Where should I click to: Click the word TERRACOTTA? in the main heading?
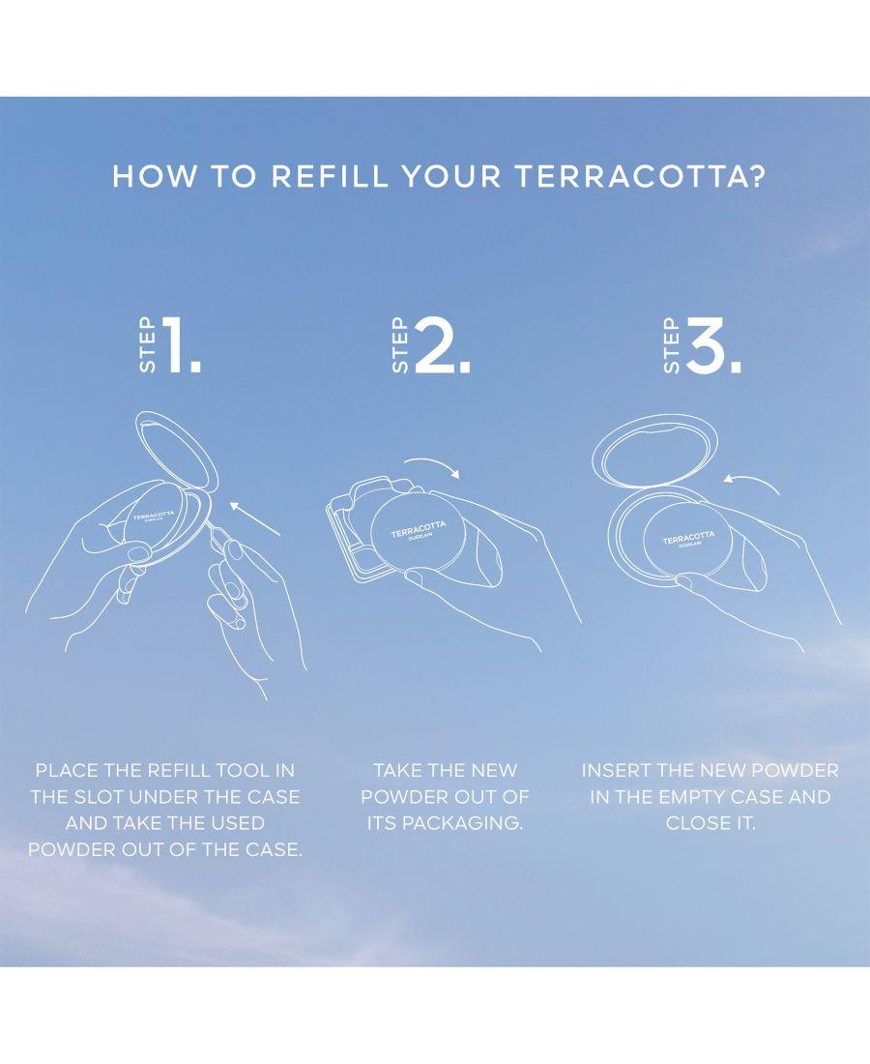pyautogui.click(x=639, y=176)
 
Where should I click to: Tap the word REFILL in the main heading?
pyautogui.click(x=330, y=176)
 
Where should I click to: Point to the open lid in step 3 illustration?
pyautogui.click(x=655, y=449)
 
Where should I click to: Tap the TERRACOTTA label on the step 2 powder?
pyautogui.click(x=419, y=528)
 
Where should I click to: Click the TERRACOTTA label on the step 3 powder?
pyautogui.click(x=688, y=538)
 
